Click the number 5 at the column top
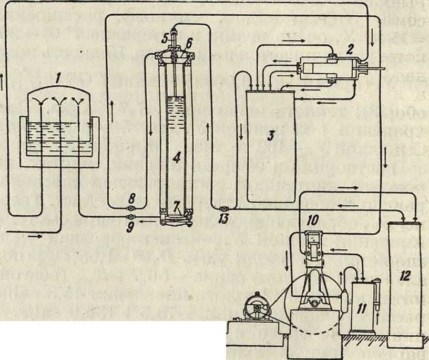[165, 38]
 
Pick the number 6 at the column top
[189, 41]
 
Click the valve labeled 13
[222, 209]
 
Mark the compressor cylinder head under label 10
[313, 240]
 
